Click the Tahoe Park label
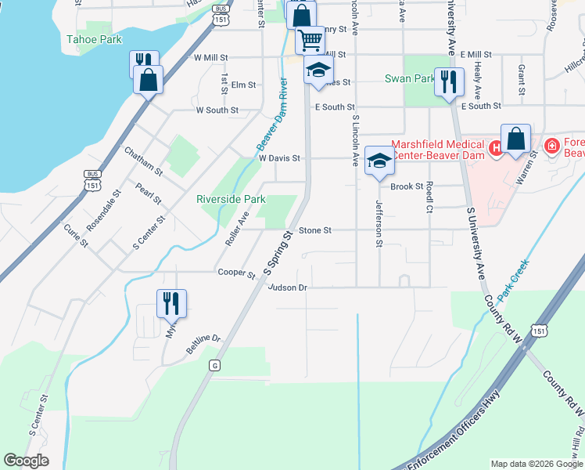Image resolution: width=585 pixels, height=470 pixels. [95, 38]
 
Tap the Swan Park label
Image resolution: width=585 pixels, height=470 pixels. [410, 78]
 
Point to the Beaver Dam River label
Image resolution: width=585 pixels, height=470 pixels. [272, 115]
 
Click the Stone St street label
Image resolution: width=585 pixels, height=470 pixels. [316, 230]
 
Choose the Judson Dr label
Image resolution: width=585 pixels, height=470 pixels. [288, 287]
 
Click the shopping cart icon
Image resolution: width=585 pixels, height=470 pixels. [310, 39]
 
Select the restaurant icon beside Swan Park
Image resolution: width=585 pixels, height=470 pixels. [448, 81]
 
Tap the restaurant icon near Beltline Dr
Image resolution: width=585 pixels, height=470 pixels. [171, 303]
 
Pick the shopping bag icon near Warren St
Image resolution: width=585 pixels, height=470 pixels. [515, 139]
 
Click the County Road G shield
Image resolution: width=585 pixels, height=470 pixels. [215, 365]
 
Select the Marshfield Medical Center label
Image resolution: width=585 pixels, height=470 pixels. [437, 148]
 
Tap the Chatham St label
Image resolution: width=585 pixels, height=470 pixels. [142, 160]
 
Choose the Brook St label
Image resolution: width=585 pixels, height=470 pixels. [407, 186]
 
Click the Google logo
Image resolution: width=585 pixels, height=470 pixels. [27, 461]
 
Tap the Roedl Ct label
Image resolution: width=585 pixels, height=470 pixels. [429, 199]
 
